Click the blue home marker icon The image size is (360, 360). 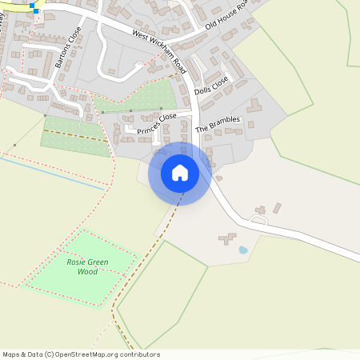coord(180,172)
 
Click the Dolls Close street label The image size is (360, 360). coord(211,86)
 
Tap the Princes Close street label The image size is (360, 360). coord(157,124)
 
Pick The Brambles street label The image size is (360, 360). coord(218,123)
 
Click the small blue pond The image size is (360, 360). coord(243,250)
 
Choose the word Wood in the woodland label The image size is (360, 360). coord(88,272)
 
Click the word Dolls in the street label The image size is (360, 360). coord(202,90)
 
